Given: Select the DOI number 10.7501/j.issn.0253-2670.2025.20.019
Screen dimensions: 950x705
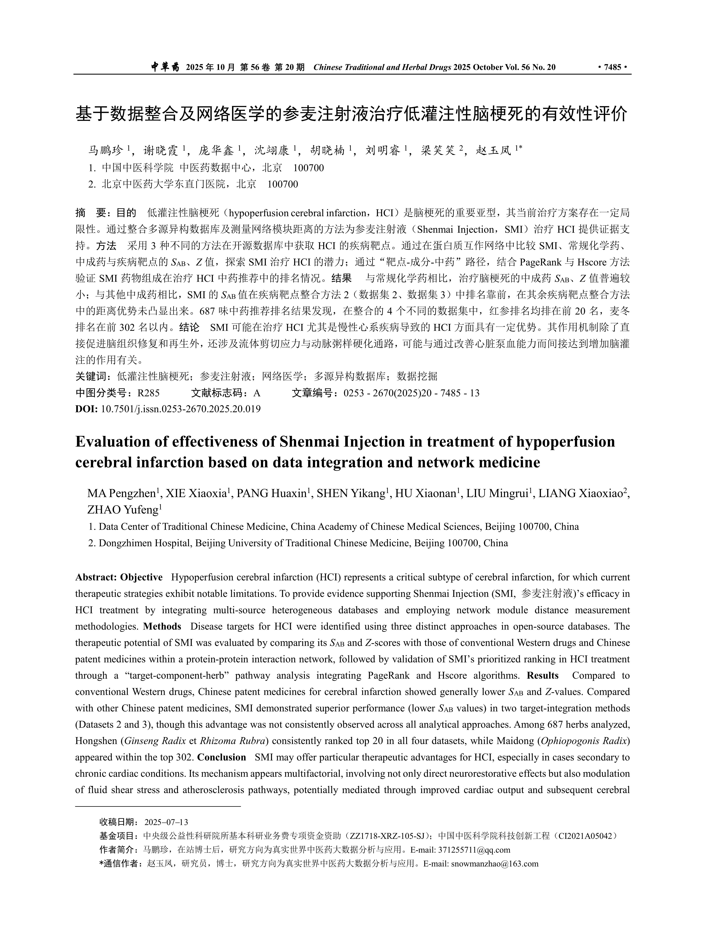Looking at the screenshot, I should point(181,409).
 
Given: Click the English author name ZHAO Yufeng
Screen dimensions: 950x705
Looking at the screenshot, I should point(123,510).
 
